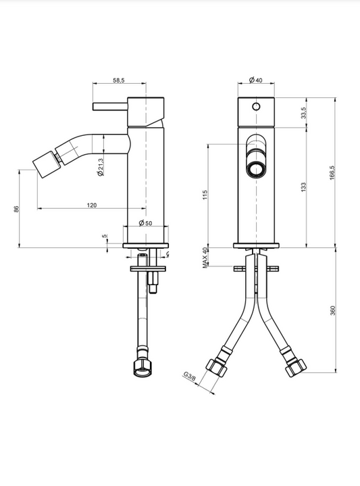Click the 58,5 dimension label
[x=119, y=80]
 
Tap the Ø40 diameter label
[x=255, y=80]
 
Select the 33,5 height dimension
[x=303, y=112]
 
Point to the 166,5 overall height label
[x=332, y=173]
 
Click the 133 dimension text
[x=303, y=187]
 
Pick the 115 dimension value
[x=205, y=195]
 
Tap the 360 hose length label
[x=333, y=310]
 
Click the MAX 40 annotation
[x=205, y=258]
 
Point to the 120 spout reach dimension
[x=91, y=205]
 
